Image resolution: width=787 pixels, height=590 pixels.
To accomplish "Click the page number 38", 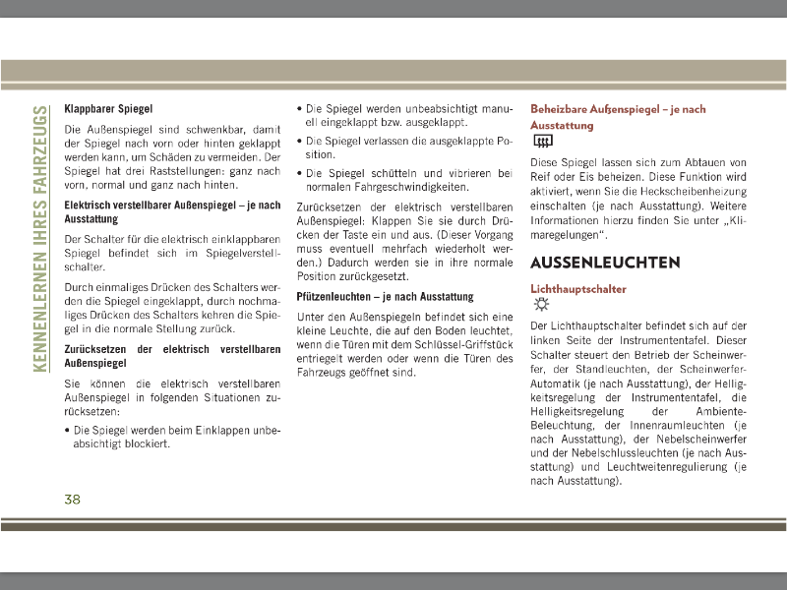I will pyautogui.click(x=72, y=500).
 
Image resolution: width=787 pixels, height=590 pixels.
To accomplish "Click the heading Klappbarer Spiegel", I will pyautogui.click(x=108, y=108).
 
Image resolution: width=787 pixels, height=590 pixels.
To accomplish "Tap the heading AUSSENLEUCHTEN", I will pyautogui.click(x=605, y=264).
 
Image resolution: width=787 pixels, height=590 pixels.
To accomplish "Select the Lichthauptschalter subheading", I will pyautogui.click(x=578, y=289).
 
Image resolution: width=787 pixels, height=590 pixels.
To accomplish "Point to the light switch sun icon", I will pyautogui.click(x=539, y=305).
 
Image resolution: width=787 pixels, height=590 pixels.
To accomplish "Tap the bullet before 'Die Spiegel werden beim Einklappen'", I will pyautogui.click(x=67, y=431).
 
